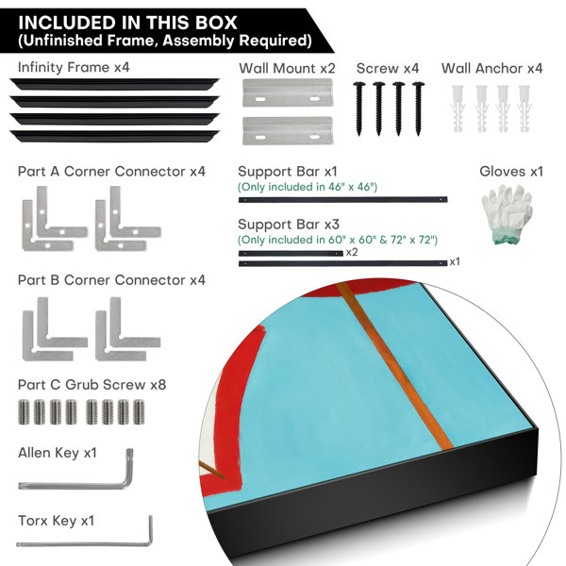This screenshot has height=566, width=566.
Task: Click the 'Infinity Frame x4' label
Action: (x=74, y=68)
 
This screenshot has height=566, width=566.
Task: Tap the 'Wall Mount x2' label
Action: (x=288, y=68)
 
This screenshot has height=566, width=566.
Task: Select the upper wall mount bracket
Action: (x=288, y=92)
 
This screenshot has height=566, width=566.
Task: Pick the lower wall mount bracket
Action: (x=288, y=131)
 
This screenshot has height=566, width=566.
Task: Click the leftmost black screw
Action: (x=358, y=109)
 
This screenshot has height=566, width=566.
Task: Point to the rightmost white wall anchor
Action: (x=524, y=108)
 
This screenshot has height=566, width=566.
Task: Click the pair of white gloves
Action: (x=508, y=214)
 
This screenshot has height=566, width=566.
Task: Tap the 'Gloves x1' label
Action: (x=511, y=172)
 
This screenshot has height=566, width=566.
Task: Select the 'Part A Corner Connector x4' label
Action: (x=111, y=172)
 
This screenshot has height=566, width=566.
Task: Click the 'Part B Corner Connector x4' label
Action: (x=111, y=280)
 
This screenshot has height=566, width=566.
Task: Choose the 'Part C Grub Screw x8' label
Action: (x=92, y=385)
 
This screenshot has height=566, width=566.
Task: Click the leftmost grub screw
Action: (x=24, y=412)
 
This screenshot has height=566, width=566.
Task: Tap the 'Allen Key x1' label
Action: (x=58, y=453)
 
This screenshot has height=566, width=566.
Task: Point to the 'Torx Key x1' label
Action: (x=56, y=521)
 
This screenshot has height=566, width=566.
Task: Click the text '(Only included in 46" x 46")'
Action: (x=308, y=187)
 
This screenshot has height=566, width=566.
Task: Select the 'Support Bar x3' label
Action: (x=289, y=225)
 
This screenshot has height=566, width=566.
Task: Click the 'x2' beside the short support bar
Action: (x=352, y=252)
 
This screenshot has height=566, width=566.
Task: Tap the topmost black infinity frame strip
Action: (x=114, y=84)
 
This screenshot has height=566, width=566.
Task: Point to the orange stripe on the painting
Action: (x=394, y=365)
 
